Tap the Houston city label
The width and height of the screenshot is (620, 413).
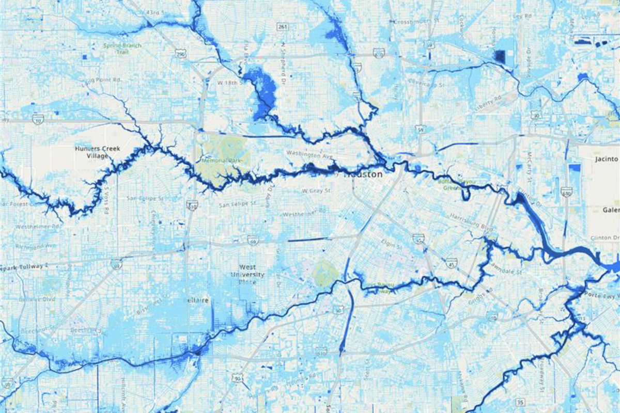click(x=363, y=174)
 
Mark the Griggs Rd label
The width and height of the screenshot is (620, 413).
click(x=482, y=292)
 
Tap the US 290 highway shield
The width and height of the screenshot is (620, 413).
click(x=180, y=54)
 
